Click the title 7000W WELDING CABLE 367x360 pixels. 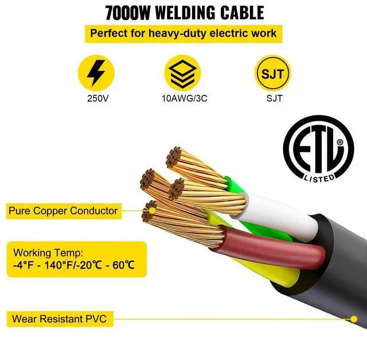click(183, 12)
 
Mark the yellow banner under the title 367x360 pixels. click(183, 33)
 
